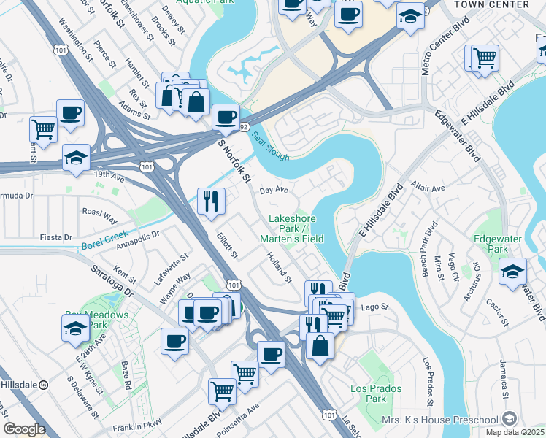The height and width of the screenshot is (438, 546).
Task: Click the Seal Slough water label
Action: tap(271, 146)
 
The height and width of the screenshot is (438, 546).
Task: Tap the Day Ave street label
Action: tap(274, 190)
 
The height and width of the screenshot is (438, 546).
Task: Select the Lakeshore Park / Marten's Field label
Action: tap(296, 228)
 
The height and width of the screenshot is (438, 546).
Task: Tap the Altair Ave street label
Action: tap(428, 188)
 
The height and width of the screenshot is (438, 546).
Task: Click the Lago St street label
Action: tap(372, 307)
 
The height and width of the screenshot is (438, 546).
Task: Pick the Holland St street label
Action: tap(279, 268)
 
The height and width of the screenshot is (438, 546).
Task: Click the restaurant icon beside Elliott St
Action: tap(211, 201)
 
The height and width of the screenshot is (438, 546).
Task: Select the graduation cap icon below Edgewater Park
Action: tap(512, 271)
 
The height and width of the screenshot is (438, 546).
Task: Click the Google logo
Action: tap(24, 429)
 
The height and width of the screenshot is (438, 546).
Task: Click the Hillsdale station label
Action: tap(21, 383)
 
